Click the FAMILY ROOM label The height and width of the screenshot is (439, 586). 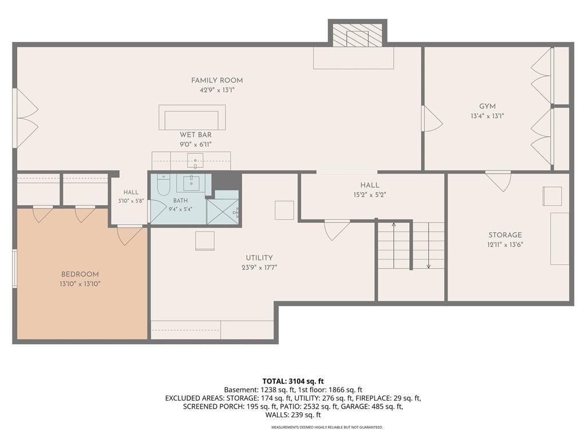(217, 80)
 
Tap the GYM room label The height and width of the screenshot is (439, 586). (488, 106)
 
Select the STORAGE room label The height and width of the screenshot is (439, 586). (505, 235)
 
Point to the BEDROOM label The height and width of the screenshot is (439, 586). (80, 274)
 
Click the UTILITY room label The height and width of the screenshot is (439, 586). (259, 258)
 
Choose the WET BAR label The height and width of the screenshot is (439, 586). (196, 135)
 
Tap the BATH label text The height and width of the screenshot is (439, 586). (180, 201)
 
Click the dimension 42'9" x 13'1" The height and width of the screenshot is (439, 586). (217, 90)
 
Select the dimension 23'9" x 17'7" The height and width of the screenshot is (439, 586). (259, 268)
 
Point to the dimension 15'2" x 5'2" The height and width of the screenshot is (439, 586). (370, 194)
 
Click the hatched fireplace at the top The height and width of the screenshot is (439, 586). (358, 36)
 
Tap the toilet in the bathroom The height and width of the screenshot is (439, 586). (163, 185)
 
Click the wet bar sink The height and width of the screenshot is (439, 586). (195, 161)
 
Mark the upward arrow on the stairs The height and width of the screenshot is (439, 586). (394, 245)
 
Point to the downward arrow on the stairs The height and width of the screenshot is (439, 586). (428, 245)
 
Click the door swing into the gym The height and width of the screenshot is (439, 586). (433, 118)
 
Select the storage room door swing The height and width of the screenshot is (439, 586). (498, 181)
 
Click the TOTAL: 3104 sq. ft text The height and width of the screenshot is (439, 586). (293, 381)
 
